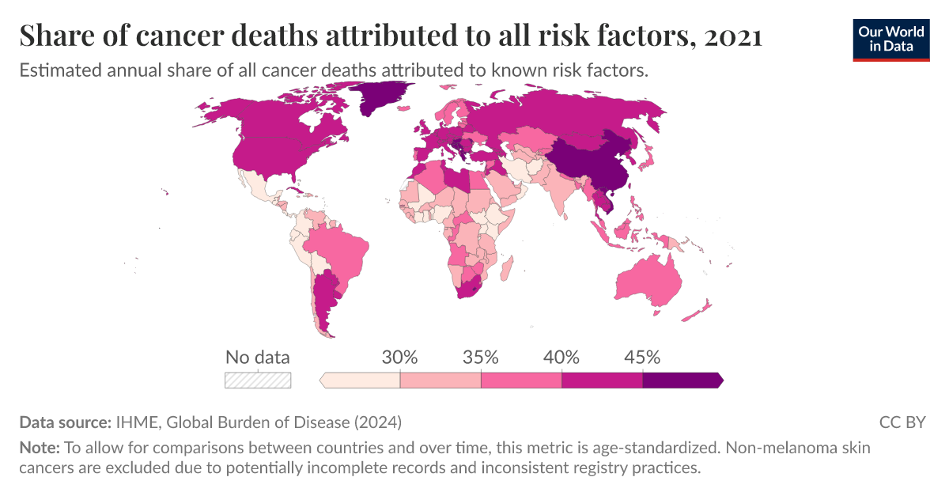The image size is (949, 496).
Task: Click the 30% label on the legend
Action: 399,357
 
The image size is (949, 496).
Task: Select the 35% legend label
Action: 481,357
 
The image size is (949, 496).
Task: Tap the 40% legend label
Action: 561,357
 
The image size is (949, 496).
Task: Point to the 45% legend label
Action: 642,357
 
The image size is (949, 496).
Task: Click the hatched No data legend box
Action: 258,381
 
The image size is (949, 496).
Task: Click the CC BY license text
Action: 902,422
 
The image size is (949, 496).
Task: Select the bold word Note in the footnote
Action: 37,448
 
